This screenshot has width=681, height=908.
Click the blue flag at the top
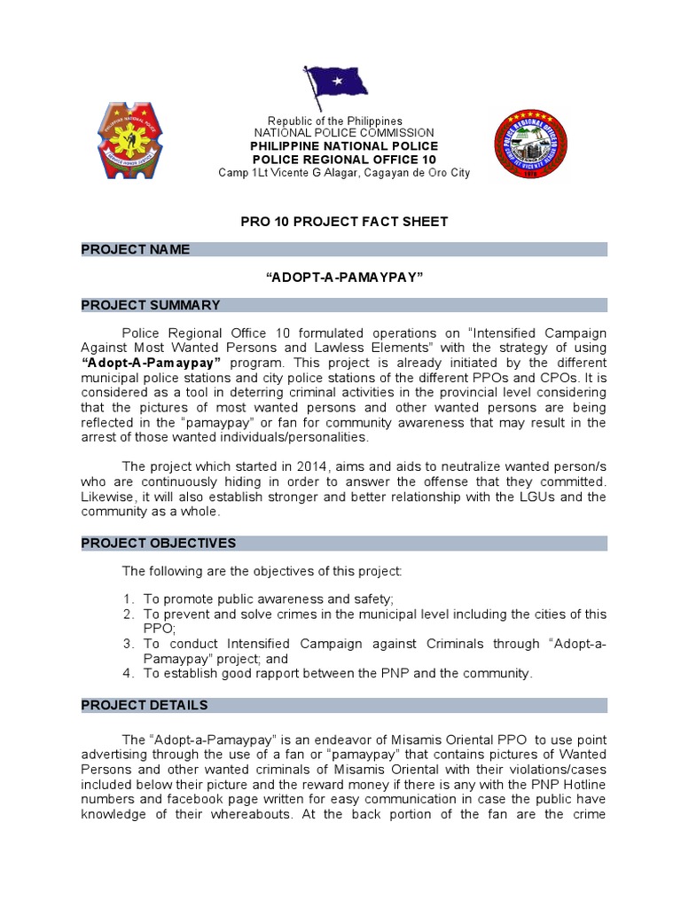336,86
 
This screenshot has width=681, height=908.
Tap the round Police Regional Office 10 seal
530,145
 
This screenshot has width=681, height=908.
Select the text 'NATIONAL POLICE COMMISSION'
344,133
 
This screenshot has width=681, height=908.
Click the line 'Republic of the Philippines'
335,121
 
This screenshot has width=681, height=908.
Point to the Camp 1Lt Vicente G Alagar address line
344,173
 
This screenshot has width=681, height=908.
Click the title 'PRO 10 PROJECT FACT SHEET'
344,221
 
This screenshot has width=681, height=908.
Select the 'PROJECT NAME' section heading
136,249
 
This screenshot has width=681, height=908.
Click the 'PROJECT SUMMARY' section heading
151,305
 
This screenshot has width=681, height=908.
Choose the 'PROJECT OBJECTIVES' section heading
159,543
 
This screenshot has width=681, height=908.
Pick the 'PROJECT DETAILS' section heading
145,705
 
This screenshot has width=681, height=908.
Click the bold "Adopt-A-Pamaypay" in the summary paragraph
157,364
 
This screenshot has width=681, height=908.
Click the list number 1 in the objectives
129,599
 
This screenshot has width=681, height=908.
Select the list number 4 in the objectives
129,674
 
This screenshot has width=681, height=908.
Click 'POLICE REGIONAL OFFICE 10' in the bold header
344,160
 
